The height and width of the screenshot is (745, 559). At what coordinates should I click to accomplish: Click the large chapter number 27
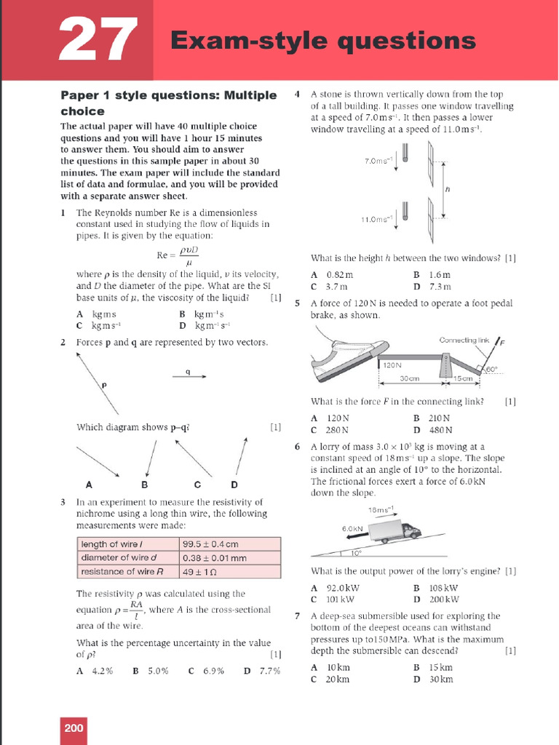(x=98, y=39)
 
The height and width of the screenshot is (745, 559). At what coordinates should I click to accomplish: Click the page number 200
(x=74, y=728)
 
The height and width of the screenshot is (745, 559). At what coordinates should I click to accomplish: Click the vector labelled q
(x=189, y=376)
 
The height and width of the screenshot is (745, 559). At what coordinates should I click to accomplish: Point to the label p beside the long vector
(x=104, y=385)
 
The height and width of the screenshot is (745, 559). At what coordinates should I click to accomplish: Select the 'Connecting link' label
(x=464, y=340)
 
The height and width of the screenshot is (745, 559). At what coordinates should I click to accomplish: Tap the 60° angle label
(x=491, y=369)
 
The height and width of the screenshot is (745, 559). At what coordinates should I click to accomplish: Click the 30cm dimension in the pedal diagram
(x=410, y=378)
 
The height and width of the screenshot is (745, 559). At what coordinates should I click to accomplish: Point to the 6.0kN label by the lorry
(x=352, y=528)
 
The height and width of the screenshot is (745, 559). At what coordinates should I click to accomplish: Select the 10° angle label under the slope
(x=357, y=553)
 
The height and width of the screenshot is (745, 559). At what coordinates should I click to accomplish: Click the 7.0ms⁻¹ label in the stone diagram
(x=378, y=161)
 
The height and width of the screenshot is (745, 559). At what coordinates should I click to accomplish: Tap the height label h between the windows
(x=448, y=189)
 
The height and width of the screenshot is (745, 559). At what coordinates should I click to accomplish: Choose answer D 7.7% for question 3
(x=262, y=671)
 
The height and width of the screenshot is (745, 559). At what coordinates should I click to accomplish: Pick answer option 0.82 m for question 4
(x=332, y=274)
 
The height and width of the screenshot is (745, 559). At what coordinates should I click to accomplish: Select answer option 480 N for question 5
(x=433, y=430)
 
